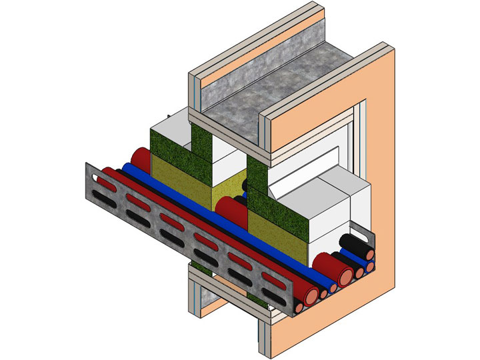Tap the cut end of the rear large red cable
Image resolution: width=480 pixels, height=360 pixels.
pyautogui.click(x=345, y=273)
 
